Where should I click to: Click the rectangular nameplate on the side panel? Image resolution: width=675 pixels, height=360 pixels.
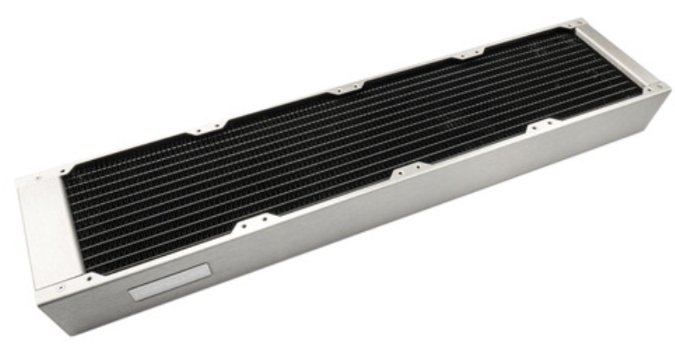(x=170, y=282)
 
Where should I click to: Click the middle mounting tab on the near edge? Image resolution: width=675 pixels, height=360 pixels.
(x=407, y=171)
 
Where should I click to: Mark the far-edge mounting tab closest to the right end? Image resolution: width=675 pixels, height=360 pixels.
(x=466, y=55)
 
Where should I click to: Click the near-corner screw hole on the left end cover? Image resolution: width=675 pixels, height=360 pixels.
(x=62, y=286)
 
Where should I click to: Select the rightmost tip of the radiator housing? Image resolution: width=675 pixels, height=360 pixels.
(x=670, y=90)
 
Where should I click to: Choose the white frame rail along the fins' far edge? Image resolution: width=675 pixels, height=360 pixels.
(x=320, y=92)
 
